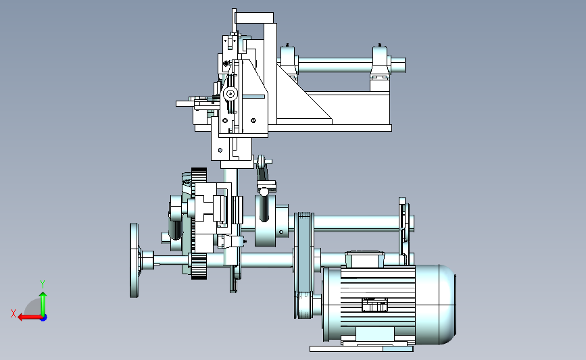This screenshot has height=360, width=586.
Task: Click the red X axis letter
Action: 14,313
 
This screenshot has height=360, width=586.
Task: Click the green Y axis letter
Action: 43,284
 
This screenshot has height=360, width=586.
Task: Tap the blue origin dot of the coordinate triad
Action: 44,317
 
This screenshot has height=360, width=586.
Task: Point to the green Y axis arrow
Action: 43,304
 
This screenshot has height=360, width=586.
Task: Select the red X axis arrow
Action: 30,317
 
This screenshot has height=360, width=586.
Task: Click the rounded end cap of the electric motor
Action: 446,305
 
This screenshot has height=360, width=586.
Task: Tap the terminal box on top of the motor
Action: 364,259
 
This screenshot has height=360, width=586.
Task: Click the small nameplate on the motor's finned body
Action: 374,305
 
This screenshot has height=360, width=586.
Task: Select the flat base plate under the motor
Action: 361,349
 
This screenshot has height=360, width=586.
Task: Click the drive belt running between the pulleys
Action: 304,265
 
